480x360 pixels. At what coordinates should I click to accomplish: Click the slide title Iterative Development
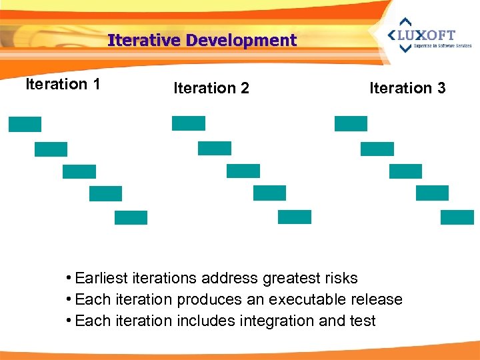click(202, 41)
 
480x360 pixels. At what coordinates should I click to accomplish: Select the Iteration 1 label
click(63, 84)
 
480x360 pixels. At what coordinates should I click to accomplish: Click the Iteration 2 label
click(211, 88)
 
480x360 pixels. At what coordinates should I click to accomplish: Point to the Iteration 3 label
click(407, 88)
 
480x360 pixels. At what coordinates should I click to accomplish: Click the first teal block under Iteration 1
click(25, 124)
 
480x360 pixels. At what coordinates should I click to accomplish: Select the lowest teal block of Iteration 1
click(131, 217)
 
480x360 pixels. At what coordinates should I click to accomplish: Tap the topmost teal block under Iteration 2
click(189, 123)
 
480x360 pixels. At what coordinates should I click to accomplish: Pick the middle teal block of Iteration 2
click(243, 171)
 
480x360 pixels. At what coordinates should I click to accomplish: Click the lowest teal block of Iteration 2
click(295, 217)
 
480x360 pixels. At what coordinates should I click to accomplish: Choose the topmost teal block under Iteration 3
click(351, 123)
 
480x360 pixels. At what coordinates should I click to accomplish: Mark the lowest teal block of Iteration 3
click(457, 217)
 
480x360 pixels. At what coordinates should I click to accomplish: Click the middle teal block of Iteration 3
click(405, 171)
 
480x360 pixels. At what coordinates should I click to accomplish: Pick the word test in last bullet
click(361, 321)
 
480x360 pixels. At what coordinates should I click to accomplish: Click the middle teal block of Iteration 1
click(79, 171)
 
